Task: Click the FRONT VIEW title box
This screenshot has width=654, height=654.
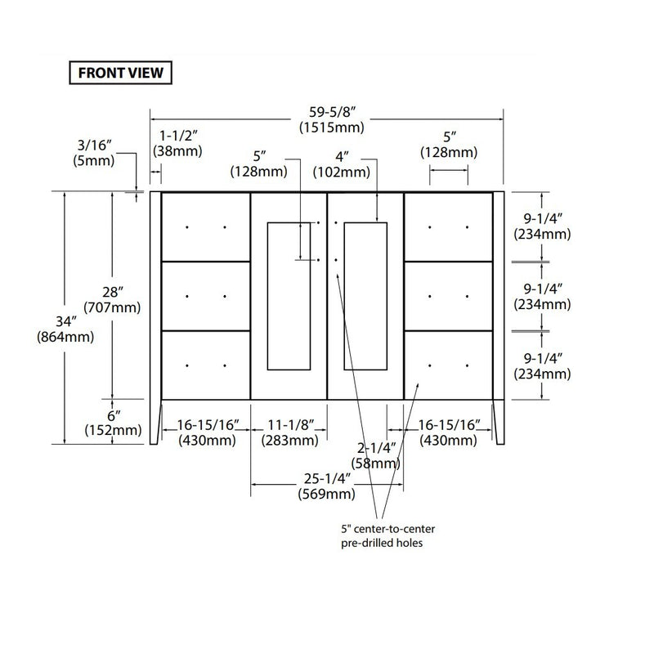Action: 120,72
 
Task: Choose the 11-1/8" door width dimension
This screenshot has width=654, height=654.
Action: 289,425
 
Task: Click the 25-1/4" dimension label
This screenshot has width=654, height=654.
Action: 327,479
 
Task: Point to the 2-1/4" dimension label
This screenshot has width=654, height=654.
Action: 378,448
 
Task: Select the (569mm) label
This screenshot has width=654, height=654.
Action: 327,495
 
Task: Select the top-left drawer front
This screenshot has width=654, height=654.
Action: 206,226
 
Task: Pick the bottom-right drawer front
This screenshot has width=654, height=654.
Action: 448,365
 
